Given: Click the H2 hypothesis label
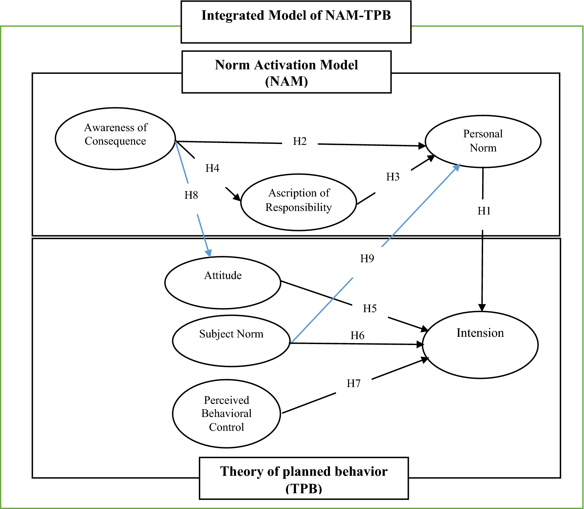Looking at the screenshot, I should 300,141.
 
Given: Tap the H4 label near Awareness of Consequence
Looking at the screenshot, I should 212,168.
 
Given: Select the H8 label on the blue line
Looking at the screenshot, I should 191,195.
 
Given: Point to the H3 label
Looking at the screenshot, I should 393,177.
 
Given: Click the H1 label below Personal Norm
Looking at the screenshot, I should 484,211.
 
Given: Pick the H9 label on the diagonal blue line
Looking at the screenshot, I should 367,259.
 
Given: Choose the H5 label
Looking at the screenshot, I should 370,309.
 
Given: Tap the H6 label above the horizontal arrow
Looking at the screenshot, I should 357,335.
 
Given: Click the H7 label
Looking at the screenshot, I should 354,383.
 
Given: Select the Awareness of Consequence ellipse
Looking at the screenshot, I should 115,139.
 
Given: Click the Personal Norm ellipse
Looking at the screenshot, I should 483,141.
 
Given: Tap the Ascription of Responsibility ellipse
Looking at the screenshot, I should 298,202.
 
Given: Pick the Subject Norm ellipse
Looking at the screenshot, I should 231,341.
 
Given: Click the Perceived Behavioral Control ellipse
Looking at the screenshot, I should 226,413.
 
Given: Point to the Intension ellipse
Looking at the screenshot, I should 480,344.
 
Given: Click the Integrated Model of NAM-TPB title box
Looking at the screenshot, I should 296,22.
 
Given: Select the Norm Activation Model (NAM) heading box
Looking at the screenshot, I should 286,72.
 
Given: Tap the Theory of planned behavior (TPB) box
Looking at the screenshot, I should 304,478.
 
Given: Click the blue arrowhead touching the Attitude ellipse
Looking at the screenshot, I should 208,253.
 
